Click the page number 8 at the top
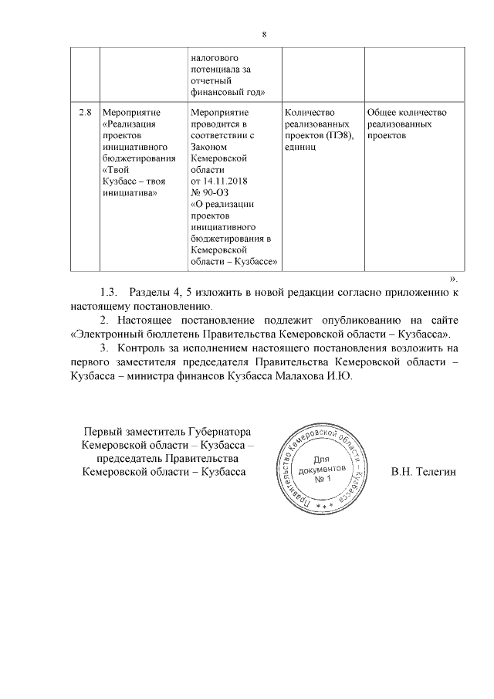[x=264, y=35]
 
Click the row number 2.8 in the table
[x=85, y=112]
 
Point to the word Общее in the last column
[x=383, y=112]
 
